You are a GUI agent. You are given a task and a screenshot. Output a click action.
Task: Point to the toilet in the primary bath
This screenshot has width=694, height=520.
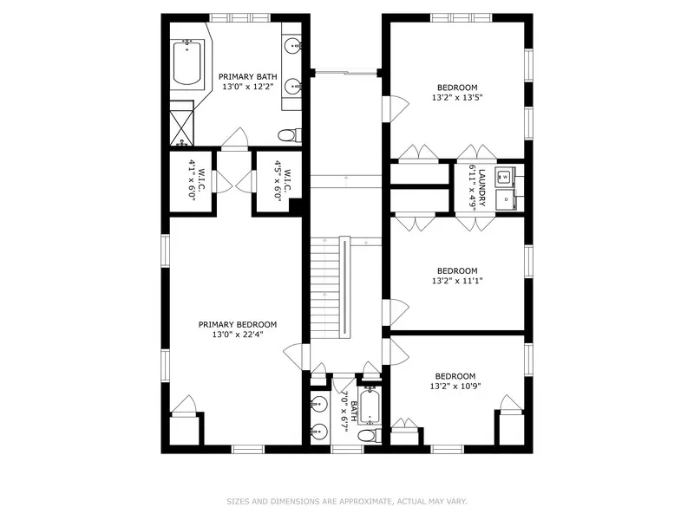(x=288, y=135)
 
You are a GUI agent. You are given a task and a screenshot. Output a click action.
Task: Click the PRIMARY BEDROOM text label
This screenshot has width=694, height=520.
(x=237, y=323)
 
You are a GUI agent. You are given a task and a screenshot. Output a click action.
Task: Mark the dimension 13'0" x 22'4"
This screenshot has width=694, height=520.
(x=237, y=335)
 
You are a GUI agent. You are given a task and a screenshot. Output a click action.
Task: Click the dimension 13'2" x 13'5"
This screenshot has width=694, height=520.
(x=456, y=98)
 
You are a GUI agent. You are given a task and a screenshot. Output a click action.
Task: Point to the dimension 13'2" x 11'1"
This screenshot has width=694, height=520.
(x=456, y=281)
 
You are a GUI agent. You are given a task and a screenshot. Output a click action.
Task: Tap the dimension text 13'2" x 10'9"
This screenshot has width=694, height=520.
(x=456, y=387)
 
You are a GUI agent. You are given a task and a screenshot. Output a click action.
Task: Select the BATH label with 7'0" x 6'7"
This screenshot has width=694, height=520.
(x=349, y=409)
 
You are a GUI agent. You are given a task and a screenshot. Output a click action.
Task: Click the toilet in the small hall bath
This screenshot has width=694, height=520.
(x=368, y=434)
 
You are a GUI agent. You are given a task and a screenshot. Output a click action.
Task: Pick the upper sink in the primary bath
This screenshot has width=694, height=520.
(x=294, y=45)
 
